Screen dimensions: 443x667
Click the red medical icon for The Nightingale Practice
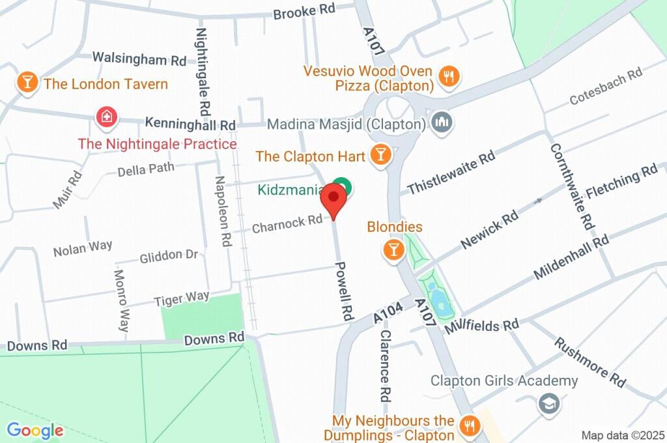104,118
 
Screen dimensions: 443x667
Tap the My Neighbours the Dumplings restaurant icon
468,427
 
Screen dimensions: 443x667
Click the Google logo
35,430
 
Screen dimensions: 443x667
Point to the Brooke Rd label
304,12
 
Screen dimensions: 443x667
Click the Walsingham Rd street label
139,59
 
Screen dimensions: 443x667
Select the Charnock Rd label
287,223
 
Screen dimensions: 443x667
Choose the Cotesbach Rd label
606,88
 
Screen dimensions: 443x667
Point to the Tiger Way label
182,298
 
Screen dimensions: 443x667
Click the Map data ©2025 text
622,435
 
